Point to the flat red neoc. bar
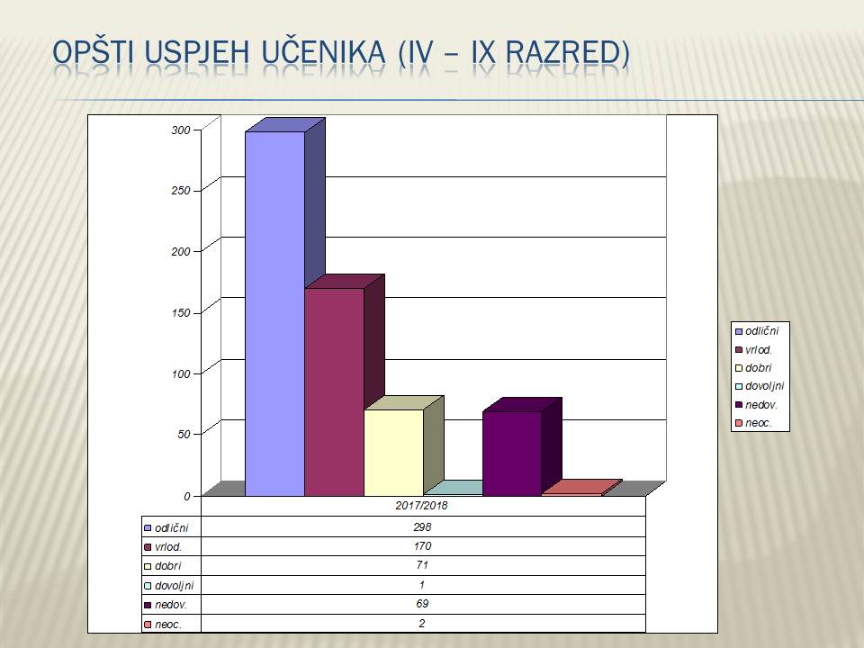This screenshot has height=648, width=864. [x=582, y=488]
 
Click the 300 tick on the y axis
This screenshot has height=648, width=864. [x=181, y=130]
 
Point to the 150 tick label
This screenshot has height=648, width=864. [x=181, y=312]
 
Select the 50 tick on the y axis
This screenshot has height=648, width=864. [x=184, y=434]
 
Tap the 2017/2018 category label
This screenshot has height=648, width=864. [x=421, y=505]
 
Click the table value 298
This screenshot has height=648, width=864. [x=422, y=526]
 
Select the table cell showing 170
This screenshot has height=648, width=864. [x=422, y=546]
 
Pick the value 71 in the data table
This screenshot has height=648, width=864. [x=422, y=565]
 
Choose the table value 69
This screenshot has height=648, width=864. [x=422, y=604]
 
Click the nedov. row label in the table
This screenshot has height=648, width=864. [x=171, y=605]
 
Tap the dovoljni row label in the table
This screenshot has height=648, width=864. [x=174, y=585]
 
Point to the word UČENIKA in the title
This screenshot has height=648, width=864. [x=323, y=52]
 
